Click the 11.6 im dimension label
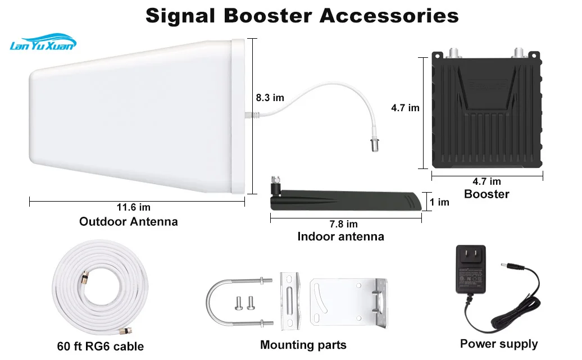(x=134, y=207)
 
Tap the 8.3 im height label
(x=270, y=98)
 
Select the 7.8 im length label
(x=344, y=224)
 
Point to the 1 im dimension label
(x=439, y=202)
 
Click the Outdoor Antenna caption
(x=129, y=222)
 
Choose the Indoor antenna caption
(x=341, y=236)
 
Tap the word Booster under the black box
(x=486, y=194)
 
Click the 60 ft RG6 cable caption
(x=100, y=347)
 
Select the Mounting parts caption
(x=303, y=345)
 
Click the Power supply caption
(x=499, y=344)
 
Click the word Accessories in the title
(x=389, y=16)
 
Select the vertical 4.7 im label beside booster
(x=406, y=108)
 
